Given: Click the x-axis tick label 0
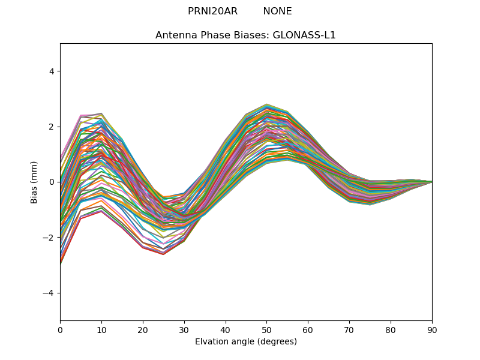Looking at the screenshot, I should pos(60,329).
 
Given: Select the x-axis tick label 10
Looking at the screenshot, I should pos(101,329).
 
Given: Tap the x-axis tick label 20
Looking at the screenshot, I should pos(143,329).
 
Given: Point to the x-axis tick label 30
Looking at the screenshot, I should pos(184,329).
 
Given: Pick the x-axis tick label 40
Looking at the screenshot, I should pos(226,329).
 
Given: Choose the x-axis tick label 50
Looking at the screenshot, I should pos(267,329).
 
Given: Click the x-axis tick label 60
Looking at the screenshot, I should pos(308,329).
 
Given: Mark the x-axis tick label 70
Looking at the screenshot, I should pos(349,329).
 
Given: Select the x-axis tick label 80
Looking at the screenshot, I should pos(391,329).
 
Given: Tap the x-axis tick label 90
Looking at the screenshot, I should pos(432,329).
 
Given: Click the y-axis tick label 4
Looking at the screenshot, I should pos(51,71).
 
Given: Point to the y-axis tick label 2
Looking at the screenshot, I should pos(51,127).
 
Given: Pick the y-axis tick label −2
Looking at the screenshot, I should pos(49,238).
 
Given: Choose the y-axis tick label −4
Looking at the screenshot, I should pos(49,293).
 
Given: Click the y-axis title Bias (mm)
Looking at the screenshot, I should pos(35,182).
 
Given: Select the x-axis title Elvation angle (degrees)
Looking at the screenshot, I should pos(246,341).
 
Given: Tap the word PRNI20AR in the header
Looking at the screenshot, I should pos(212,11).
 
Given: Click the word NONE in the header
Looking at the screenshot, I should pos(277,11).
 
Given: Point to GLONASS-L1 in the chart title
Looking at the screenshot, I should pos(304,35).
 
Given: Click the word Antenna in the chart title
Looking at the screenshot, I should pos(174,35).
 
